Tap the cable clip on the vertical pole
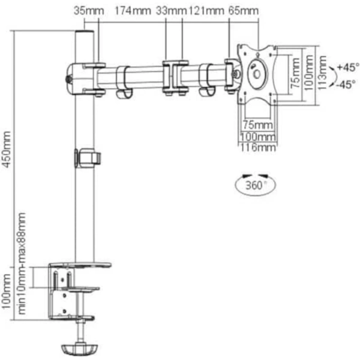pyautogui.click(x=86, y=157)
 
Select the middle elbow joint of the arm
pyautogui.click(x=173, y=76)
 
